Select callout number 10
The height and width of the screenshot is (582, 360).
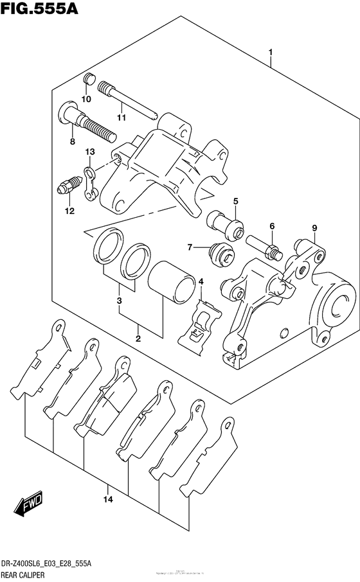click(86, 99)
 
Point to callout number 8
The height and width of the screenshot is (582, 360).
click(72, 141)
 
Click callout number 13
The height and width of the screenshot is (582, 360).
click(90, 152)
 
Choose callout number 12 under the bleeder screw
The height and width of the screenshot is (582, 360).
click(69, 211)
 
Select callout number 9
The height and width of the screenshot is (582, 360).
click(314, 227)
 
